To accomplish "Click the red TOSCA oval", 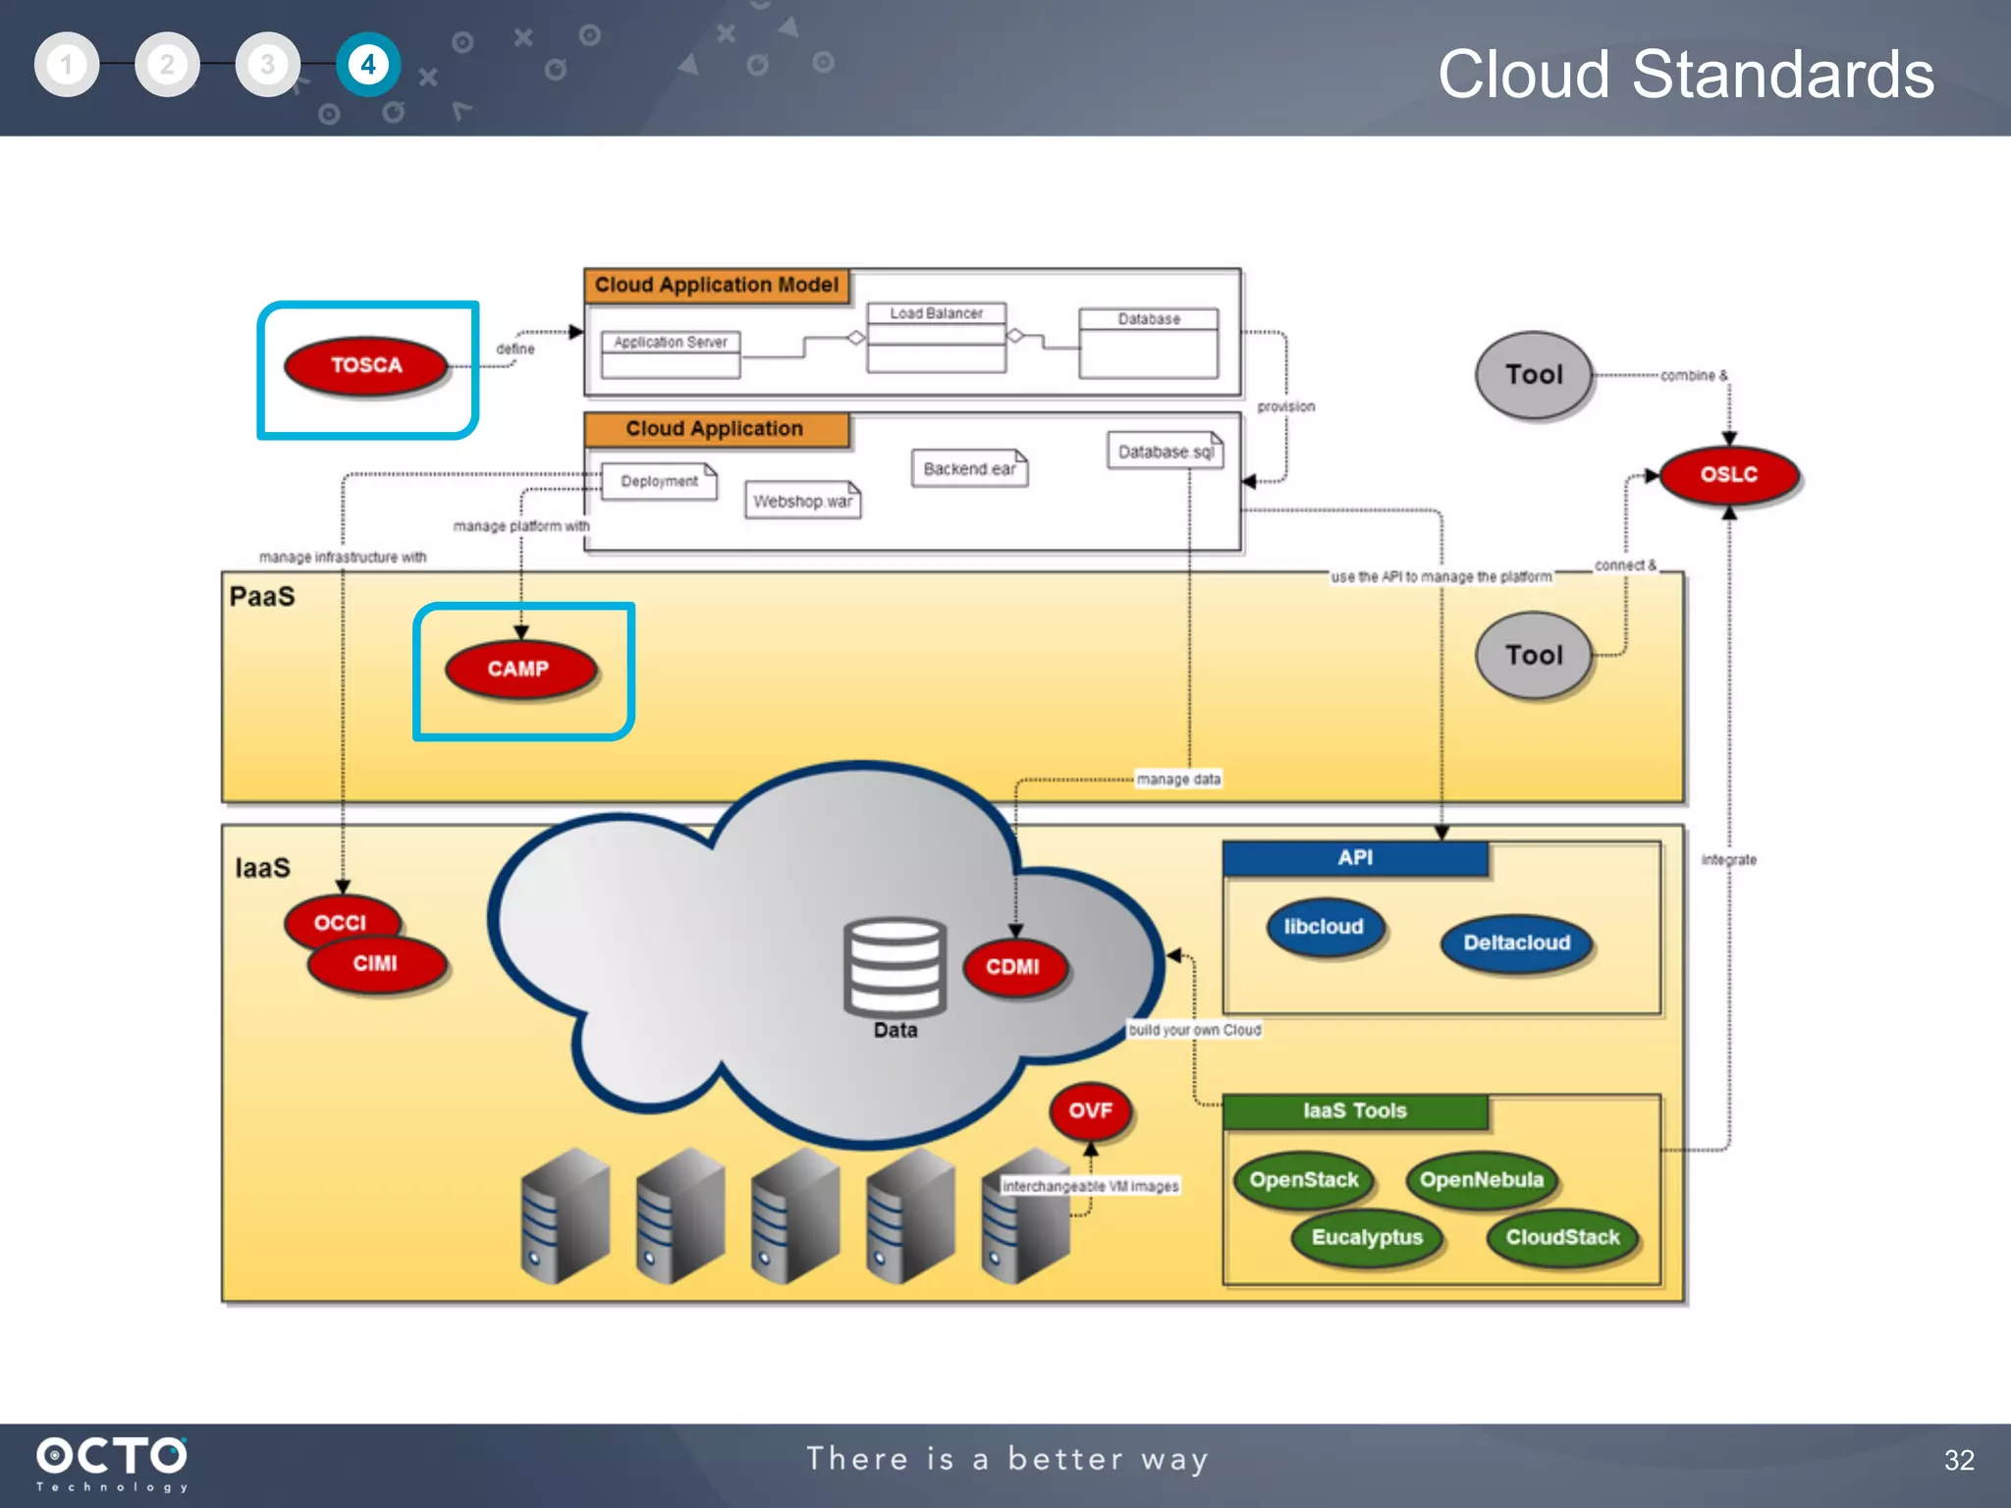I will (365, 365).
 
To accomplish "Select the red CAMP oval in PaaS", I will (519, 669).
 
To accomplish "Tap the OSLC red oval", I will (1728, 474).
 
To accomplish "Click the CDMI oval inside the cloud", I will (1012, 967).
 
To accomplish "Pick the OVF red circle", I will (1090, 1110).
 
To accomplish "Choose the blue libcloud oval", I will (1324, 927).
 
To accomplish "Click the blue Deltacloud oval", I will (1516, 942).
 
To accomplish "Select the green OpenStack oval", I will (1303, 1179).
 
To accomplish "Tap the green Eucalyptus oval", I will (1367, 1237).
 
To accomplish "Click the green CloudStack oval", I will (1562, 1237).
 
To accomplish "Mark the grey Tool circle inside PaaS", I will (1533, 655).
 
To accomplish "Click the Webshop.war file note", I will (802, 501).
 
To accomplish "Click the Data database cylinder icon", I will (895, 967).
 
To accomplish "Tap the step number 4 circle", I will (368, 65).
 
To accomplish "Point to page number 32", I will (1958, 1460).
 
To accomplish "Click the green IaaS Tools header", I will (1354, 1110).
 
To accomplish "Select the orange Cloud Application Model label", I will (717, 285).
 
